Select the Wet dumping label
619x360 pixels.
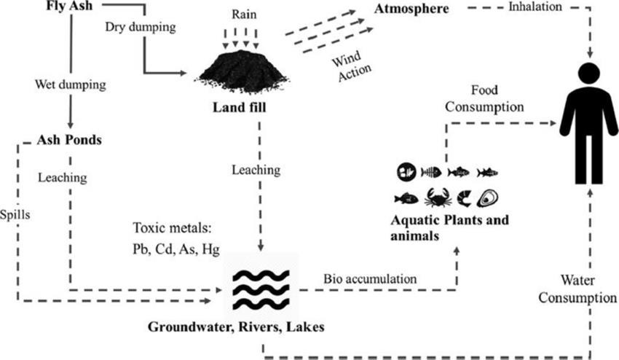[71, 85]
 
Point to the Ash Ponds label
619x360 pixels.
[68, 138]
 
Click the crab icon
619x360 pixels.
[439, 197]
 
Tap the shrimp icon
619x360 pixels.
[465, 197]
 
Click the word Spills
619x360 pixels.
[15, 217]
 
